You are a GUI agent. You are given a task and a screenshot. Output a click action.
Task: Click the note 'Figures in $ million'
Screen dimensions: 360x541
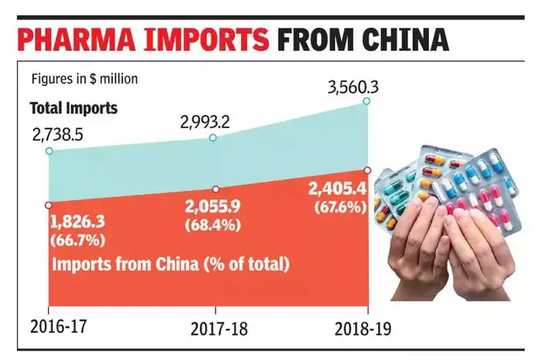[x=84, y=79]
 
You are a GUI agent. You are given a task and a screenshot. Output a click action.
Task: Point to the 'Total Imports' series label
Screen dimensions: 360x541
[x=73, y=108]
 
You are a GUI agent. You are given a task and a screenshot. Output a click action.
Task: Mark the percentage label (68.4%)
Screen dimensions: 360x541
[x=213, y=225]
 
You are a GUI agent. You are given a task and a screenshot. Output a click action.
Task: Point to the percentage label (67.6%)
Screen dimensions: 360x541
[x=340, y=206]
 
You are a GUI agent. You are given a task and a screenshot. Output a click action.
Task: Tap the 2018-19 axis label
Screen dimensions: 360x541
[x=363, y=328]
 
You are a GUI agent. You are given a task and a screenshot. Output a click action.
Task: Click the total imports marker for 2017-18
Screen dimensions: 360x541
[x=213, y=138]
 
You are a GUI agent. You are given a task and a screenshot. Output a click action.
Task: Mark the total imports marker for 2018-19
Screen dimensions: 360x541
[x=366, y=101]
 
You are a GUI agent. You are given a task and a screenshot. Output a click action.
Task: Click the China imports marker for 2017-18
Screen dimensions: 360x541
[x=216, y=188]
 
